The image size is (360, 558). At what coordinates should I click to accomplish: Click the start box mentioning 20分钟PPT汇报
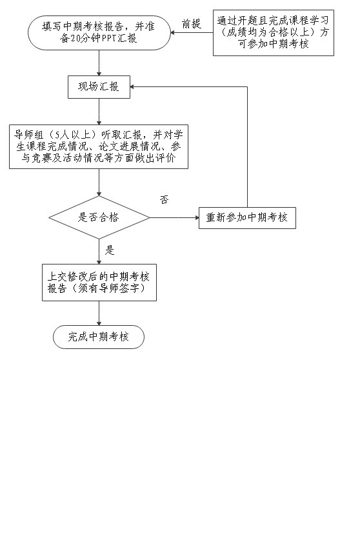99,32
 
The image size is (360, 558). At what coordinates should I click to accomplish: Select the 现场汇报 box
99,87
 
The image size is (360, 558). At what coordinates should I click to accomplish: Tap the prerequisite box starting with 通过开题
274,33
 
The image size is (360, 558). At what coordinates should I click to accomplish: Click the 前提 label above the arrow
192,24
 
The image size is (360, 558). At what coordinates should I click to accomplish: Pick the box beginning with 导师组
99,146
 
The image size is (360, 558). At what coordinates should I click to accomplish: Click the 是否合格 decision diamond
99,217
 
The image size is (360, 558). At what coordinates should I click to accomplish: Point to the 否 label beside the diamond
164,199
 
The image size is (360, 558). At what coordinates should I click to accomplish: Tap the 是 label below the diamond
109,250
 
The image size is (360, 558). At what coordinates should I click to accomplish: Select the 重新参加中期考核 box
247,217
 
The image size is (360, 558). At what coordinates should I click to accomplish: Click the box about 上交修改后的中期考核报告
99,283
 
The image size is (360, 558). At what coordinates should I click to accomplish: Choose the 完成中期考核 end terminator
99,337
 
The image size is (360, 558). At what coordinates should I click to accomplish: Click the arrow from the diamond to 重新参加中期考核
174,217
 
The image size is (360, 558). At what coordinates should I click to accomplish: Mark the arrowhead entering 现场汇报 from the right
132,87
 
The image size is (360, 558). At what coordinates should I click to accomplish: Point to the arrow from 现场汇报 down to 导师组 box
99,112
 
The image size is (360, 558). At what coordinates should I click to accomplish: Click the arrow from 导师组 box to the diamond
99,182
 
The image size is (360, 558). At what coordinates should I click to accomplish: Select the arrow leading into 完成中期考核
99,313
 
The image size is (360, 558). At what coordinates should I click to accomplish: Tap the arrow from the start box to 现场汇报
99,63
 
